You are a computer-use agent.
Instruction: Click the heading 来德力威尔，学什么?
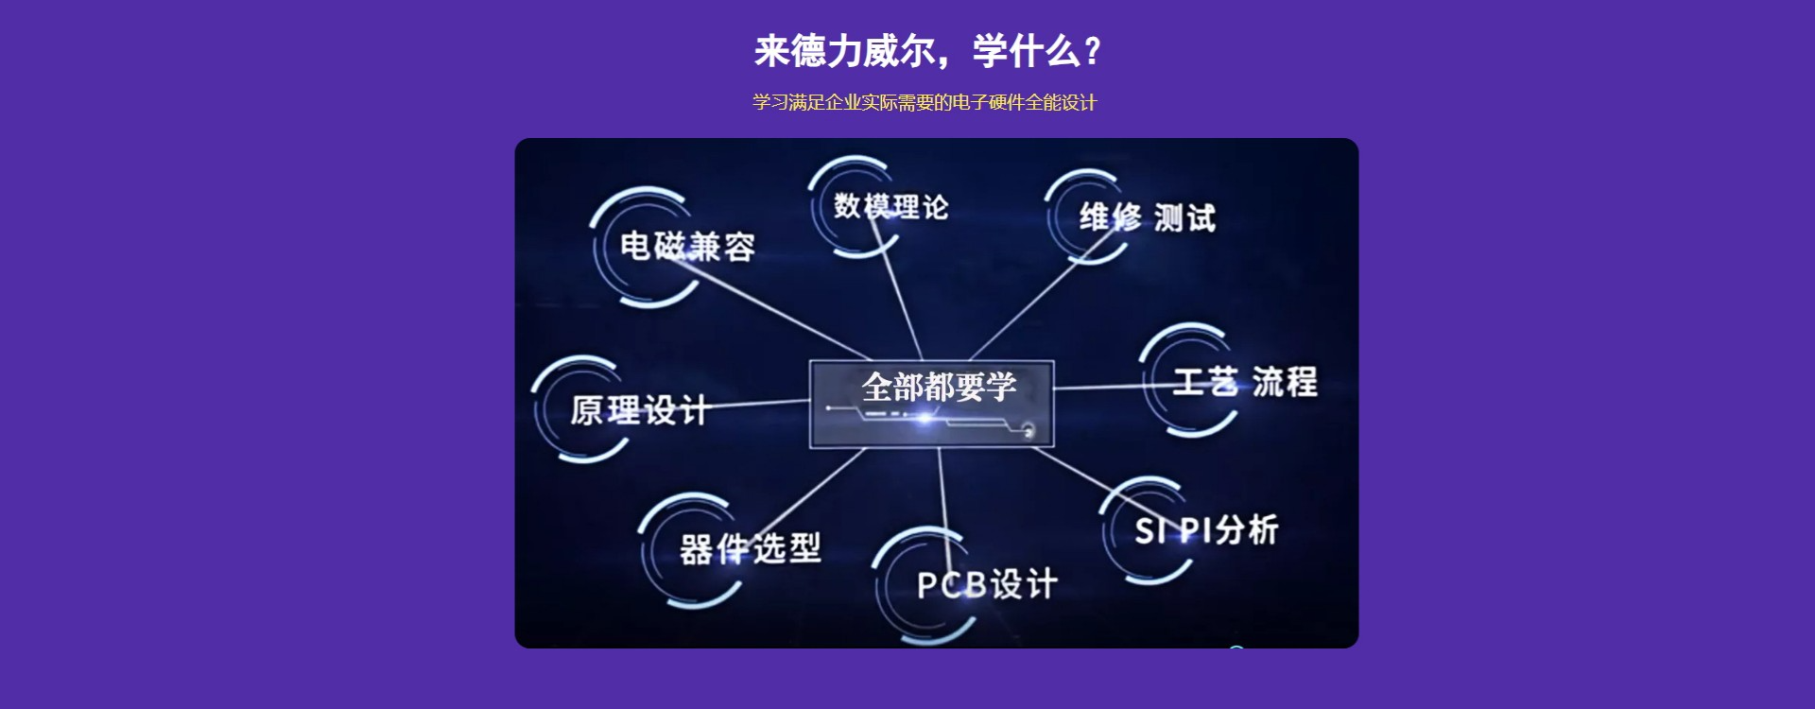(x=927, y=51)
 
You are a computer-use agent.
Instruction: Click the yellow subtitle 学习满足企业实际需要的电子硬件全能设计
(x=925, y=102)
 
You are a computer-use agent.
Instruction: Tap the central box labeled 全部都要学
(x=931, y=404)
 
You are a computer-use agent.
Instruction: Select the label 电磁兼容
(x=687, y=247)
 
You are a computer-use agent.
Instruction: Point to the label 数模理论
(x=890, y=206)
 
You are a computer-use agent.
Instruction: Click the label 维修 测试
(x=1148, y=217)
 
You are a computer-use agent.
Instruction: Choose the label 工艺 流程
(x=1245, y=381)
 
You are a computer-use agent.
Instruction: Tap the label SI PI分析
(x=1206, y=530)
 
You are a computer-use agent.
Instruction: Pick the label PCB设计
(x=987, y=584)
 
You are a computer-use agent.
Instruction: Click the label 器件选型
(x=751, y=548)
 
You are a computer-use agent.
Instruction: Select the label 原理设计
(x=639, y=410)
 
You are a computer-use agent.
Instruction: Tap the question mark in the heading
(x=1093, y=51)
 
